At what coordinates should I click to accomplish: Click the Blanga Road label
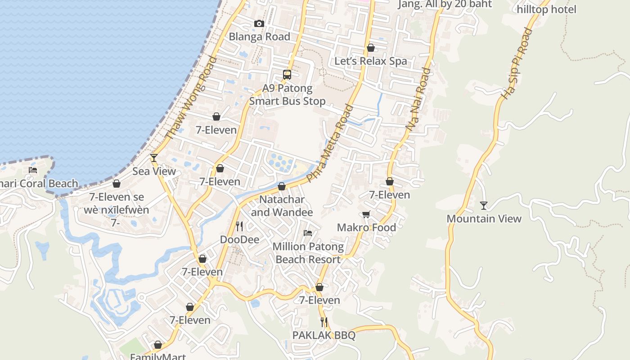click(260, 37)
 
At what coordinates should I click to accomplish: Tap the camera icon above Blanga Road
click(259, 23)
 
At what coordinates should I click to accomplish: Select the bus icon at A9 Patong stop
click(287, 75)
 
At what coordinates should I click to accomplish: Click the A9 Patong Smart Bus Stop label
click(287, 94)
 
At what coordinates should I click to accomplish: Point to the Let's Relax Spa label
click(370, 61)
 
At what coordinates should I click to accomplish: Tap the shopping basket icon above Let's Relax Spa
click(371, 48)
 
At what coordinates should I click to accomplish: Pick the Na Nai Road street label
click(418, 100)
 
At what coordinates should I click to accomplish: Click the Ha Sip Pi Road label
click(517, 63)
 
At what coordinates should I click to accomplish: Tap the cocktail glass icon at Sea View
click(154, 157)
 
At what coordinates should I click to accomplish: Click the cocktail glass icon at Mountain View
click(484, 206)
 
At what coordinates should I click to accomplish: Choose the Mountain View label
click(484, 219)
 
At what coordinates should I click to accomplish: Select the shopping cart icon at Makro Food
click(366, 214)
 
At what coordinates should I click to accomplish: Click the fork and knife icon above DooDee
click(239, 226)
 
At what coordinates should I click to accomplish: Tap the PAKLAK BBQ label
click(324, 335)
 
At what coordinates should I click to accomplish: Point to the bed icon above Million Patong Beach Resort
click(308, 233)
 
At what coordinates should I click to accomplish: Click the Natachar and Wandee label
click(282, 206)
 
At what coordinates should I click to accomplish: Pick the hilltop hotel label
click(546, 9)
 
